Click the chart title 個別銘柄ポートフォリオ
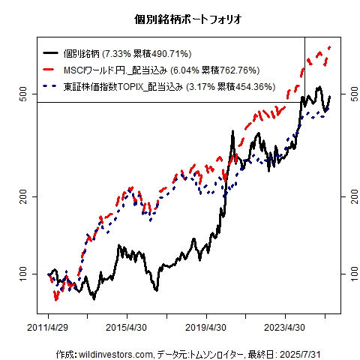pyautogui.click(x=180, y=16)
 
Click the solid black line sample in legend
pyautogui.click(x=51, y=53)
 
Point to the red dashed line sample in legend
pyautogui.click(x=51, y=70)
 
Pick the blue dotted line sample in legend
pyautogui.click(x=51, y=86)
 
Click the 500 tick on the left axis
pyautogui.click(x=22, y=94)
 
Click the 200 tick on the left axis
pyautogui.click(x=22, y=196)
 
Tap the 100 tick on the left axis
pyautogui.click(x=22, y=274)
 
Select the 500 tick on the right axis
pyautogui.click(x=349, y=94)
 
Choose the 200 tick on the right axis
pyautogui.click(x=349, y=196)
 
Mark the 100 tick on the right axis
pyautogui.click(x=349, y=274)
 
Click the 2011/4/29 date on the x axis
pyautogui.click(x=49, y=328)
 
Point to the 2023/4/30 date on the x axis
pyautogui.click(x=284, y=328)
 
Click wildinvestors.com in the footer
pyautogui.click(x=116, y=353)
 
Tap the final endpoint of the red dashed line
pyautogui.click(x=330, y=47)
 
